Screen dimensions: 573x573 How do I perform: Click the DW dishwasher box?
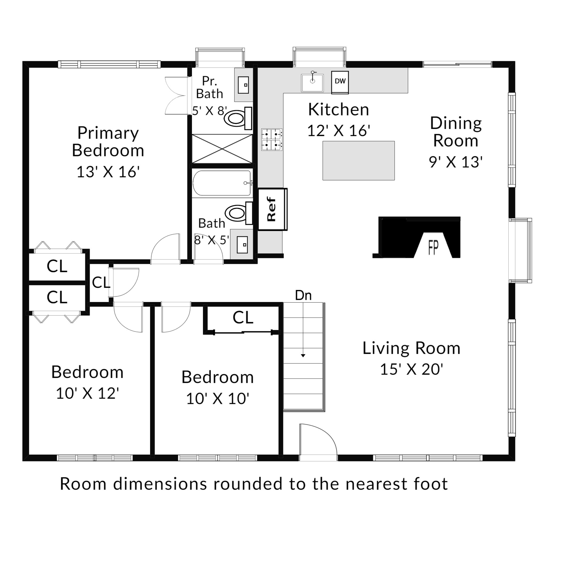point(340,82)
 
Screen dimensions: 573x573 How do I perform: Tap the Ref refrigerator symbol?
point(273,209)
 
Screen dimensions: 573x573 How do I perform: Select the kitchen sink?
point(312,82)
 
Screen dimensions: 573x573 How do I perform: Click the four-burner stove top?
point(272,140)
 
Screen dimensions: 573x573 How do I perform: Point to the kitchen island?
point(359,160)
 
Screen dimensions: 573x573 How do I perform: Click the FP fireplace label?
point(433,248)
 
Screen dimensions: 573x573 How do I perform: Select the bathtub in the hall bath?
point(222,183)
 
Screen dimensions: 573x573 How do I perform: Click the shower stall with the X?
point(222,148)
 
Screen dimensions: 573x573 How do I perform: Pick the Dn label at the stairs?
point(303,295)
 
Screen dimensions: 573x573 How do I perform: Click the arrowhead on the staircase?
point(303,355)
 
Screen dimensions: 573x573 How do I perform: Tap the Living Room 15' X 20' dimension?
point(411,369)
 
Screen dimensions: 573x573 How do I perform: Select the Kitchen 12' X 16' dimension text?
point(339,131)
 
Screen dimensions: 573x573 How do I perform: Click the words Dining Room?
point(456,132)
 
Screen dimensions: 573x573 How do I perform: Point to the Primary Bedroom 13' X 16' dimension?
point(108,172)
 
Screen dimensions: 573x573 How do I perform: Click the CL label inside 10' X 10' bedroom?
point(243,318)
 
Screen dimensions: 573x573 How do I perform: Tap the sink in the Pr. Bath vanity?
point(244,85)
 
